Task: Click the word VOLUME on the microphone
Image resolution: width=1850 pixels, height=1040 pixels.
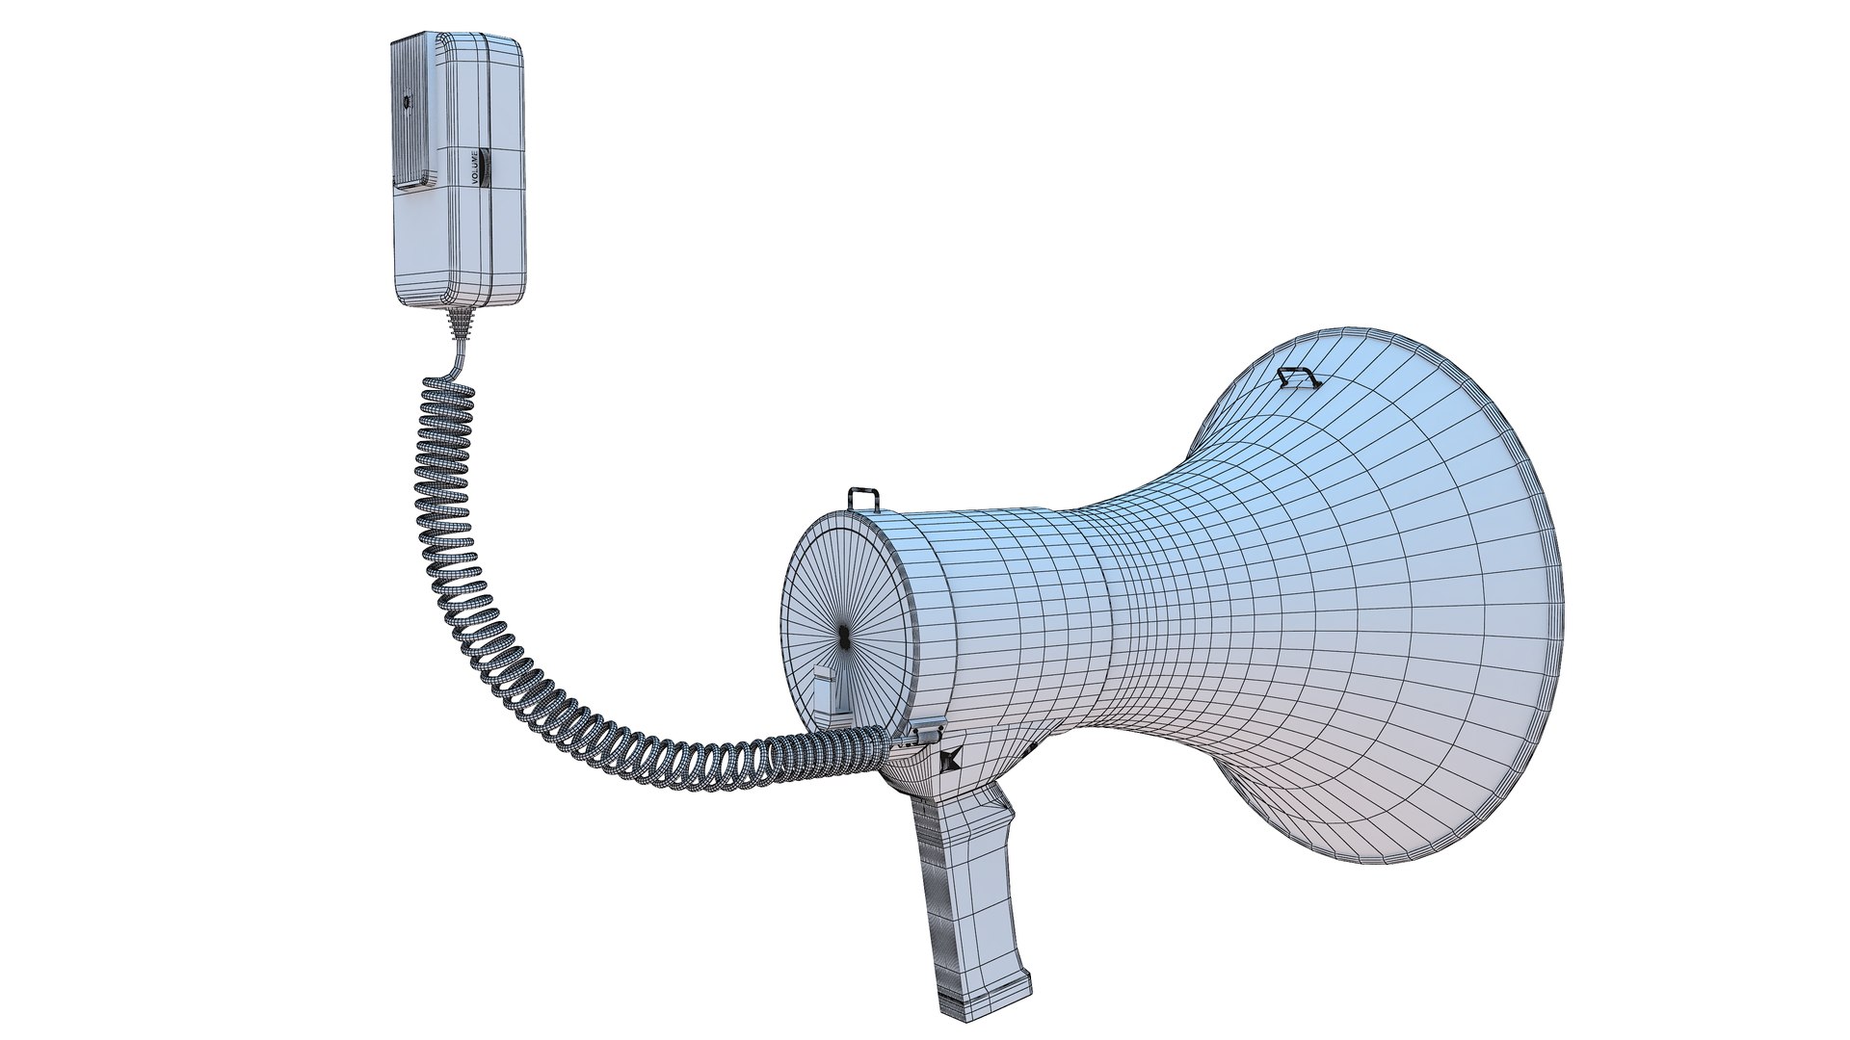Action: (474, 167)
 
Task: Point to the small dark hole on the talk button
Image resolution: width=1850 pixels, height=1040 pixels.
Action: (406, 100)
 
